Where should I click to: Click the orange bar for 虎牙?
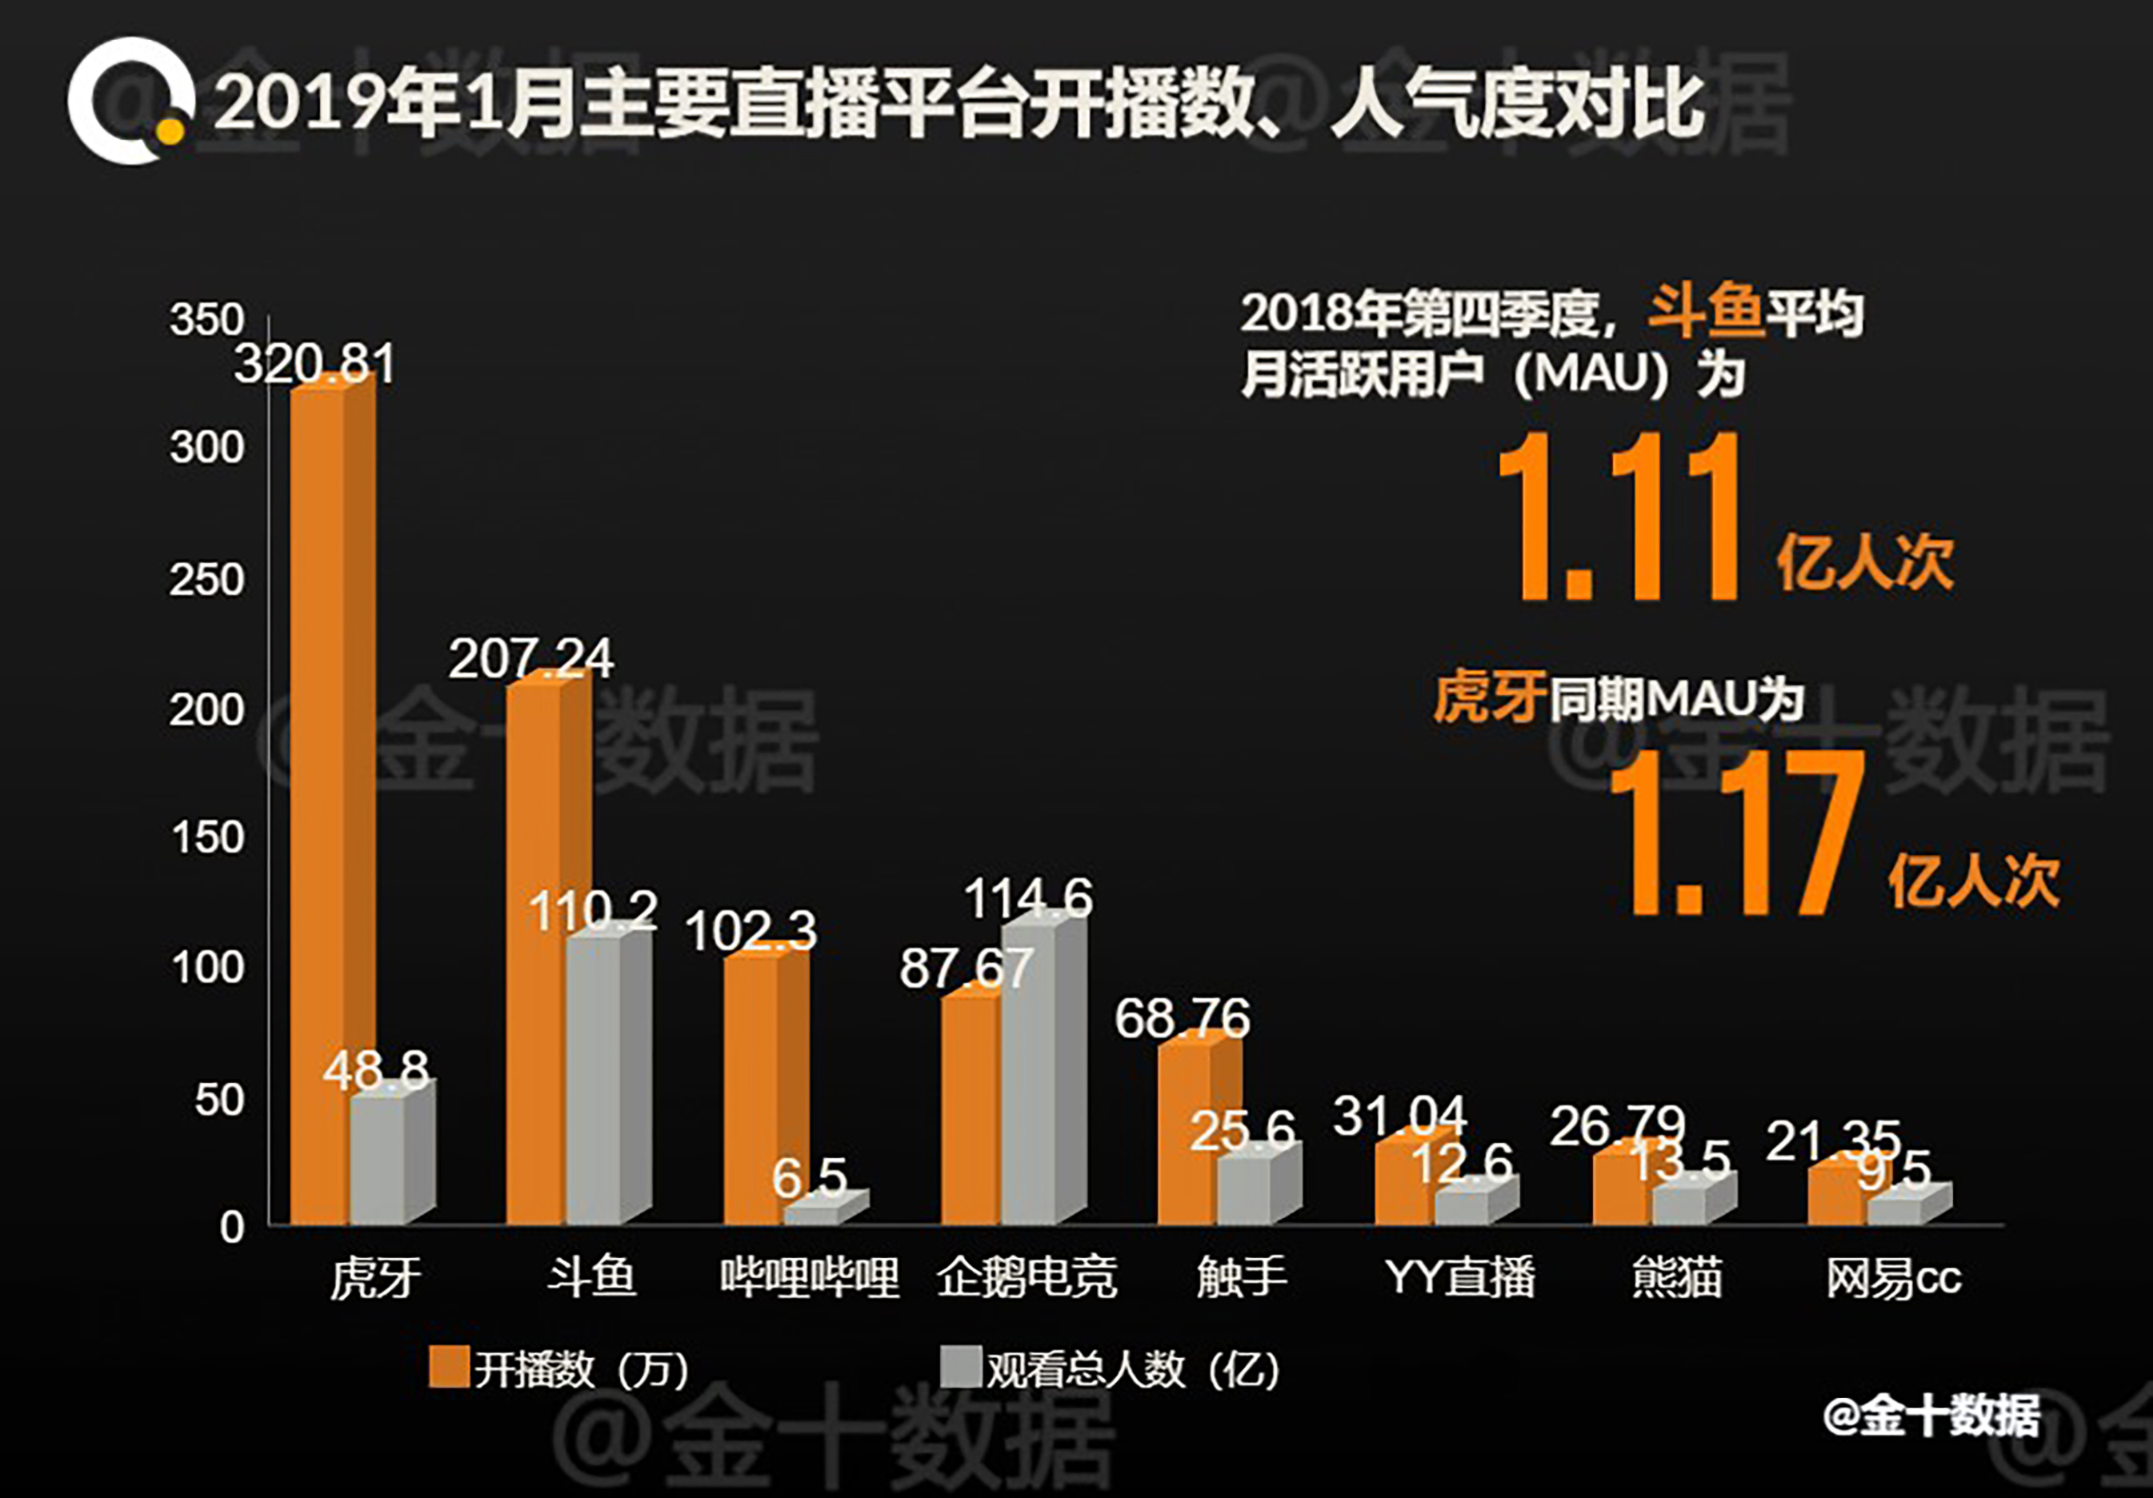click(318, 806)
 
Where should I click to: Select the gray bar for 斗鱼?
click(593, 1078)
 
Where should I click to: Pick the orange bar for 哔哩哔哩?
click(752, 1088)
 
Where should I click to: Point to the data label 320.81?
click(315, 364)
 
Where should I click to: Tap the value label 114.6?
click(1028, 898)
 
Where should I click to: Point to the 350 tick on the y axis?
click(206, 320)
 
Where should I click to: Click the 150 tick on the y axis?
click(206, 837)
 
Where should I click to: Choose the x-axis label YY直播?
click(1459, 1276)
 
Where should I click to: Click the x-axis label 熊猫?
click(1677, 1276)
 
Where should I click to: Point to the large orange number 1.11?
click(1619, 517)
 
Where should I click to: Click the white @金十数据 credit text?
click(1931, 1416)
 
